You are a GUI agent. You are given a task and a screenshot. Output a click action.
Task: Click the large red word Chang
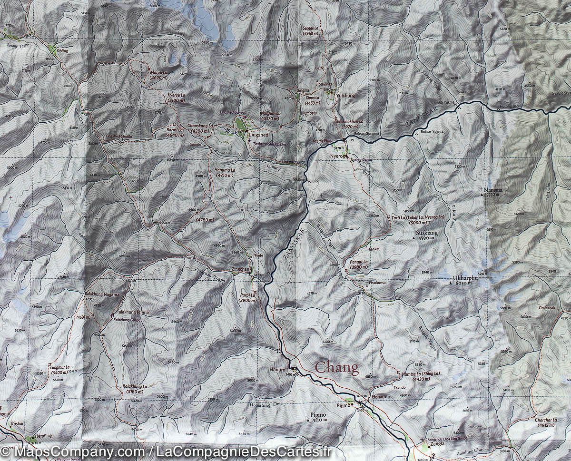click(x=337, y=368)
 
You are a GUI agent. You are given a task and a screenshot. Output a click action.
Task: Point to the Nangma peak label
click(x=493, y=190)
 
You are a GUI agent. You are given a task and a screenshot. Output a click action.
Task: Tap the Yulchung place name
click(x=345, y=96)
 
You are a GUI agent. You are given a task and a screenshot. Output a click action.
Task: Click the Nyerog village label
click(x=336, y=156)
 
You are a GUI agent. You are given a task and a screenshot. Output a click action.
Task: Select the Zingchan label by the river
click(x=240, y=269)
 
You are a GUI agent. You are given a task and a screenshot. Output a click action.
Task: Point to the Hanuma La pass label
click(x=225, y=170)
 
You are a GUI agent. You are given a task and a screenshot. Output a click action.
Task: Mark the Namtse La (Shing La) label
click(x=421, y=374)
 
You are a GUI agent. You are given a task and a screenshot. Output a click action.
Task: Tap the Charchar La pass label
click(x=545, y=420)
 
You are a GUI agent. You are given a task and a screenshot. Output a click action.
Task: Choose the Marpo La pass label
click(x=158, y=72)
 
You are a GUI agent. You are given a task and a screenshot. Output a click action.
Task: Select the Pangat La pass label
click(x=359, y=262)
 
